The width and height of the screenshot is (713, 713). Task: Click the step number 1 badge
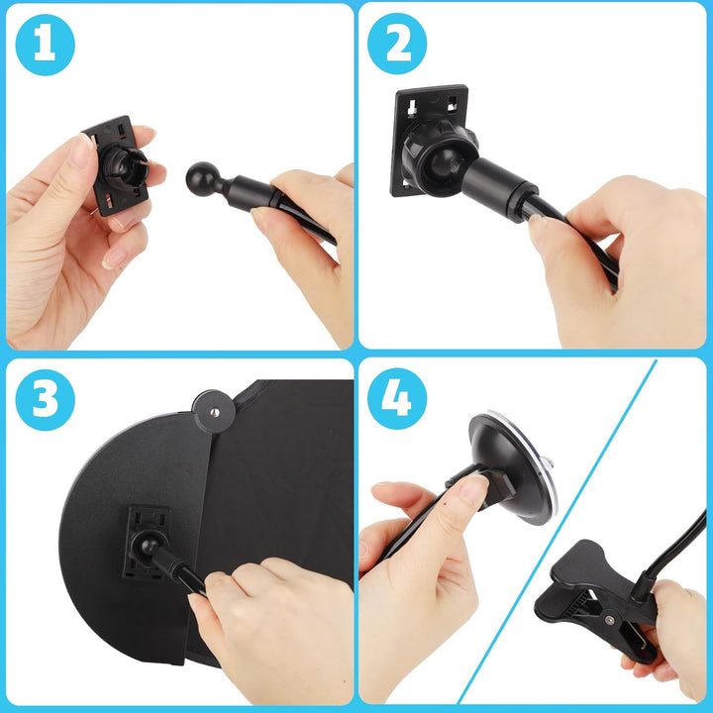[45, 45]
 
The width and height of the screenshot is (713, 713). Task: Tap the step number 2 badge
[397, 44]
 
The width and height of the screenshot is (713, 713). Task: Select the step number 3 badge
[45, 400]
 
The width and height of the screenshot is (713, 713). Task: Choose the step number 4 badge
[397, 399]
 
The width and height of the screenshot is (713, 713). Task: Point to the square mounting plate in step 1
[117, 166]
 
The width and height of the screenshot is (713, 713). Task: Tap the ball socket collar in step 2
[440, 160]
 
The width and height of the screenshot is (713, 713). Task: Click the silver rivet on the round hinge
[215, 412]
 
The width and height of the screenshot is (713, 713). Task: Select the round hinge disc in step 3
[214, 412]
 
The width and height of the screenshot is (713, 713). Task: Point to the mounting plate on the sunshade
[147, 544]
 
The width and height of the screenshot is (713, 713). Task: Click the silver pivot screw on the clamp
[609, 619]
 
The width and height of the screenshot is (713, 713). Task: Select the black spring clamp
[596, 600]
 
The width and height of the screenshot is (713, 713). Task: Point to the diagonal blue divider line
[557, 531]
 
